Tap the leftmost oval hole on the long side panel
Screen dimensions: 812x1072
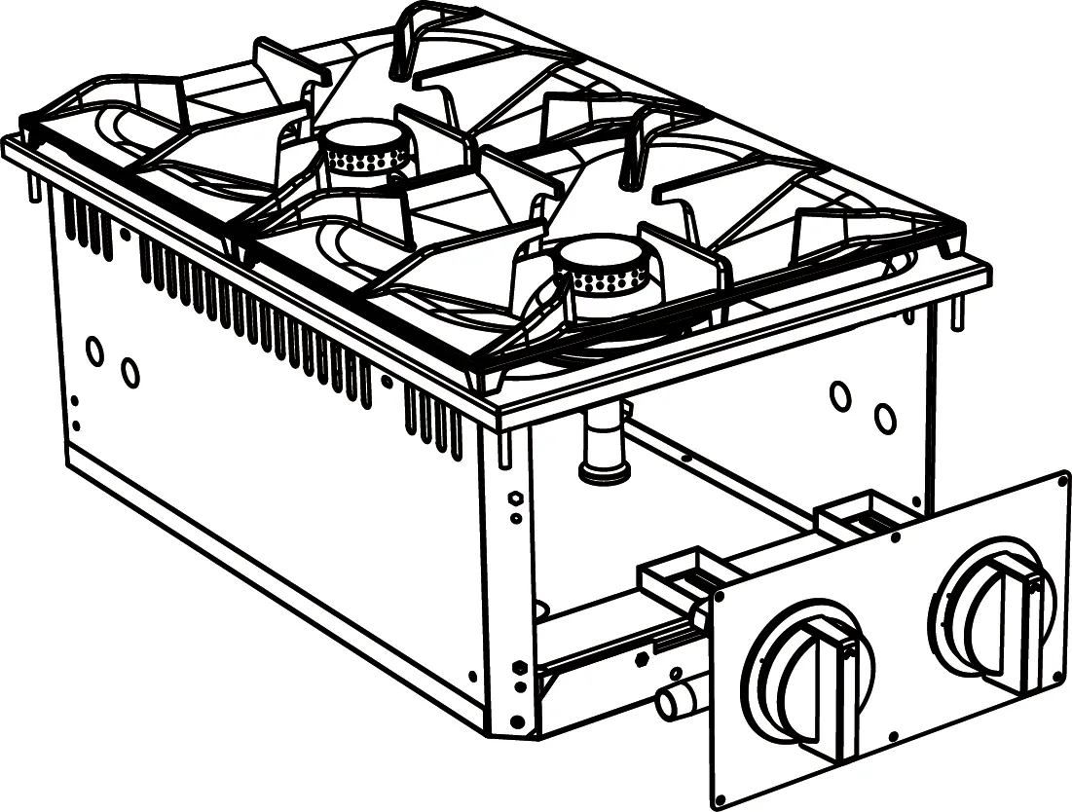click(x=94, y=351)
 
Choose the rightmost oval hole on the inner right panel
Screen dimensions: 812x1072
click(x=884, y=419)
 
